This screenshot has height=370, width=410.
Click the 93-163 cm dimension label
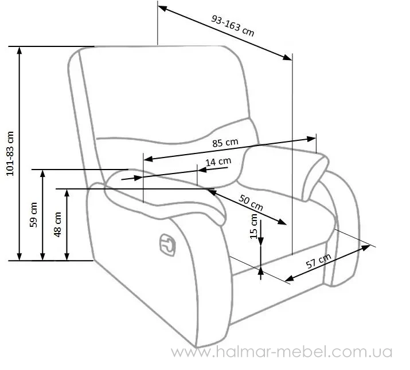(232, 26)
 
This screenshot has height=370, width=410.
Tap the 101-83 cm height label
(10, 153)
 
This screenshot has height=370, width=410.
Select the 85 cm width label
(225, 143)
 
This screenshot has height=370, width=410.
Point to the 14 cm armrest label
(218, 162)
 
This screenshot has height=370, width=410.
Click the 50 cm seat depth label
(251, 202)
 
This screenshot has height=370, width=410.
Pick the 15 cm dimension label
(254, 226)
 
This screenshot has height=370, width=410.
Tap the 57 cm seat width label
(318, 261)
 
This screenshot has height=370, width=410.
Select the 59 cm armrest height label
(33, 215)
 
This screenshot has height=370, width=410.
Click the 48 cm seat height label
(57, 225)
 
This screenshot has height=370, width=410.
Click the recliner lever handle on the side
(167, 245)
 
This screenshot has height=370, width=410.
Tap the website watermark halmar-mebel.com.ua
(282, 352)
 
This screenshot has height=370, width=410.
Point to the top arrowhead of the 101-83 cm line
(19, 50)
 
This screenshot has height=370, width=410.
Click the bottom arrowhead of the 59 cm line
(43, 257)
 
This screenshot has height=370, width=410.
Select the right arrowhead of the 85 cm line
(311, 139)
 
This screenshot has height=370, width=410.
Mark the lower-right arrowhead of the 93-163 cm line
(288, 57)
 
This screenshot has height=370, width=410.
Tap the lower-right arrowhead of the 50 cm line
(282, 222)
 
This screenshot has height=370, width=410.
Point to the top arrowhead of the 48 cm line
(67, 193)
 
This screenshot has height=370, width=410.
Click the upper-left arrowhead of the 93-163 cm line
(163, 8)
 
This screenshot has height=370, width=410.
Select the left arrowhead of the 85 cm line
(149, 159)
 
